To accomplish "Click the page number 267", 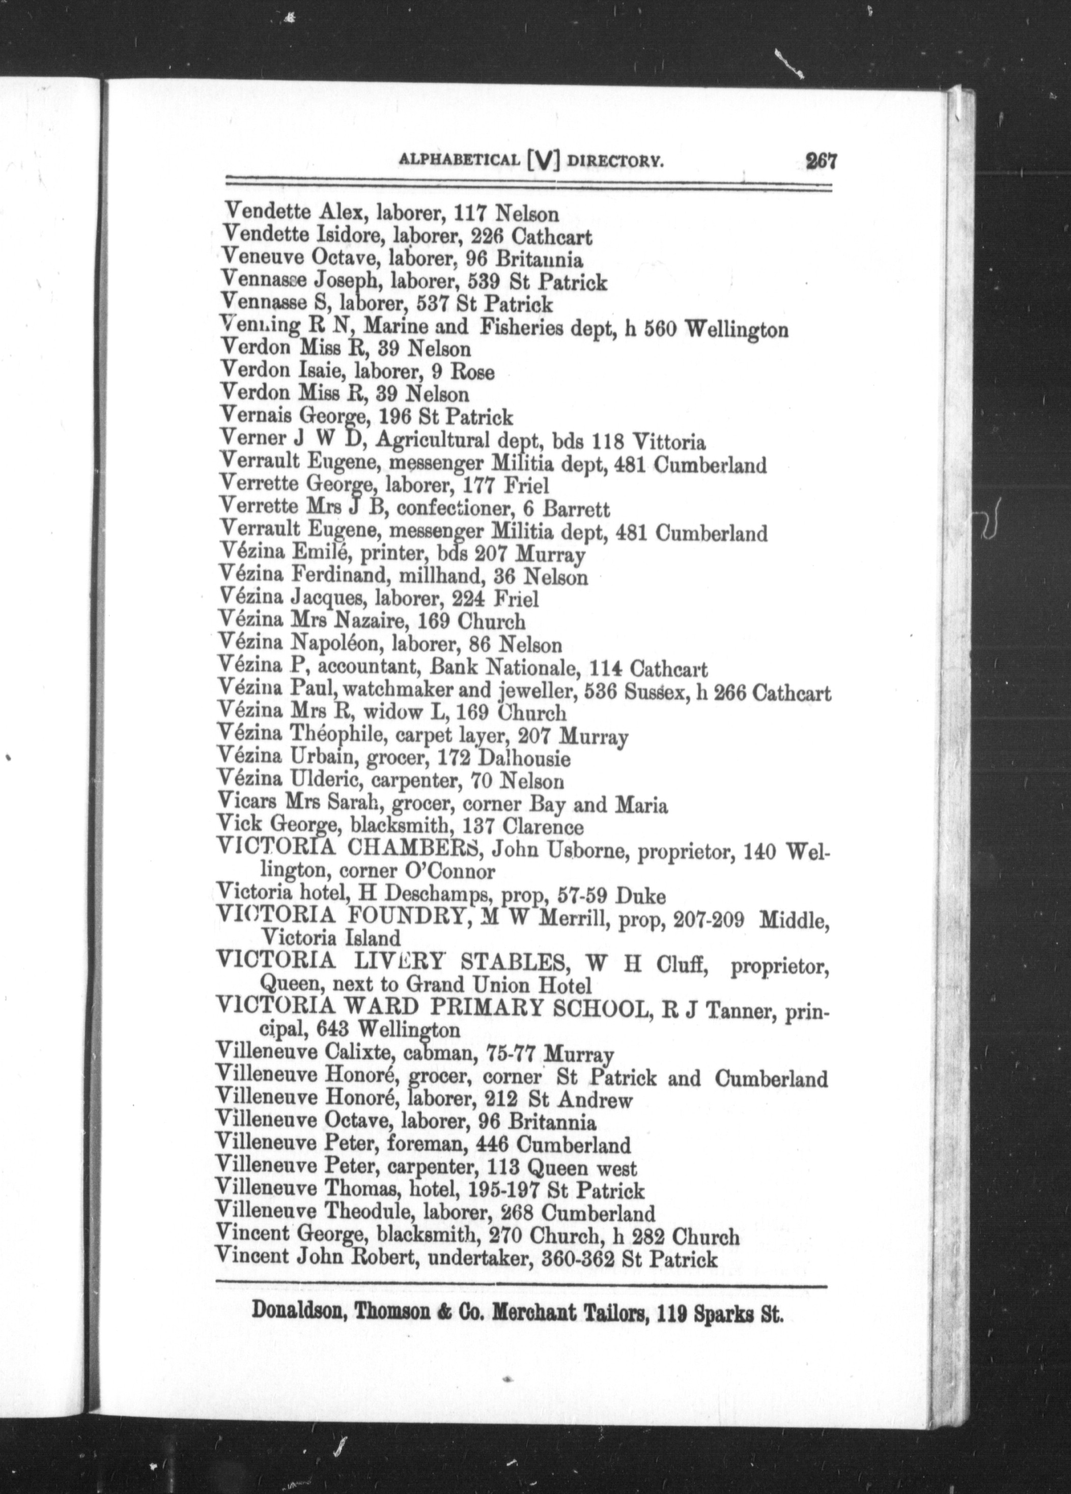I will [821, 161].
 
